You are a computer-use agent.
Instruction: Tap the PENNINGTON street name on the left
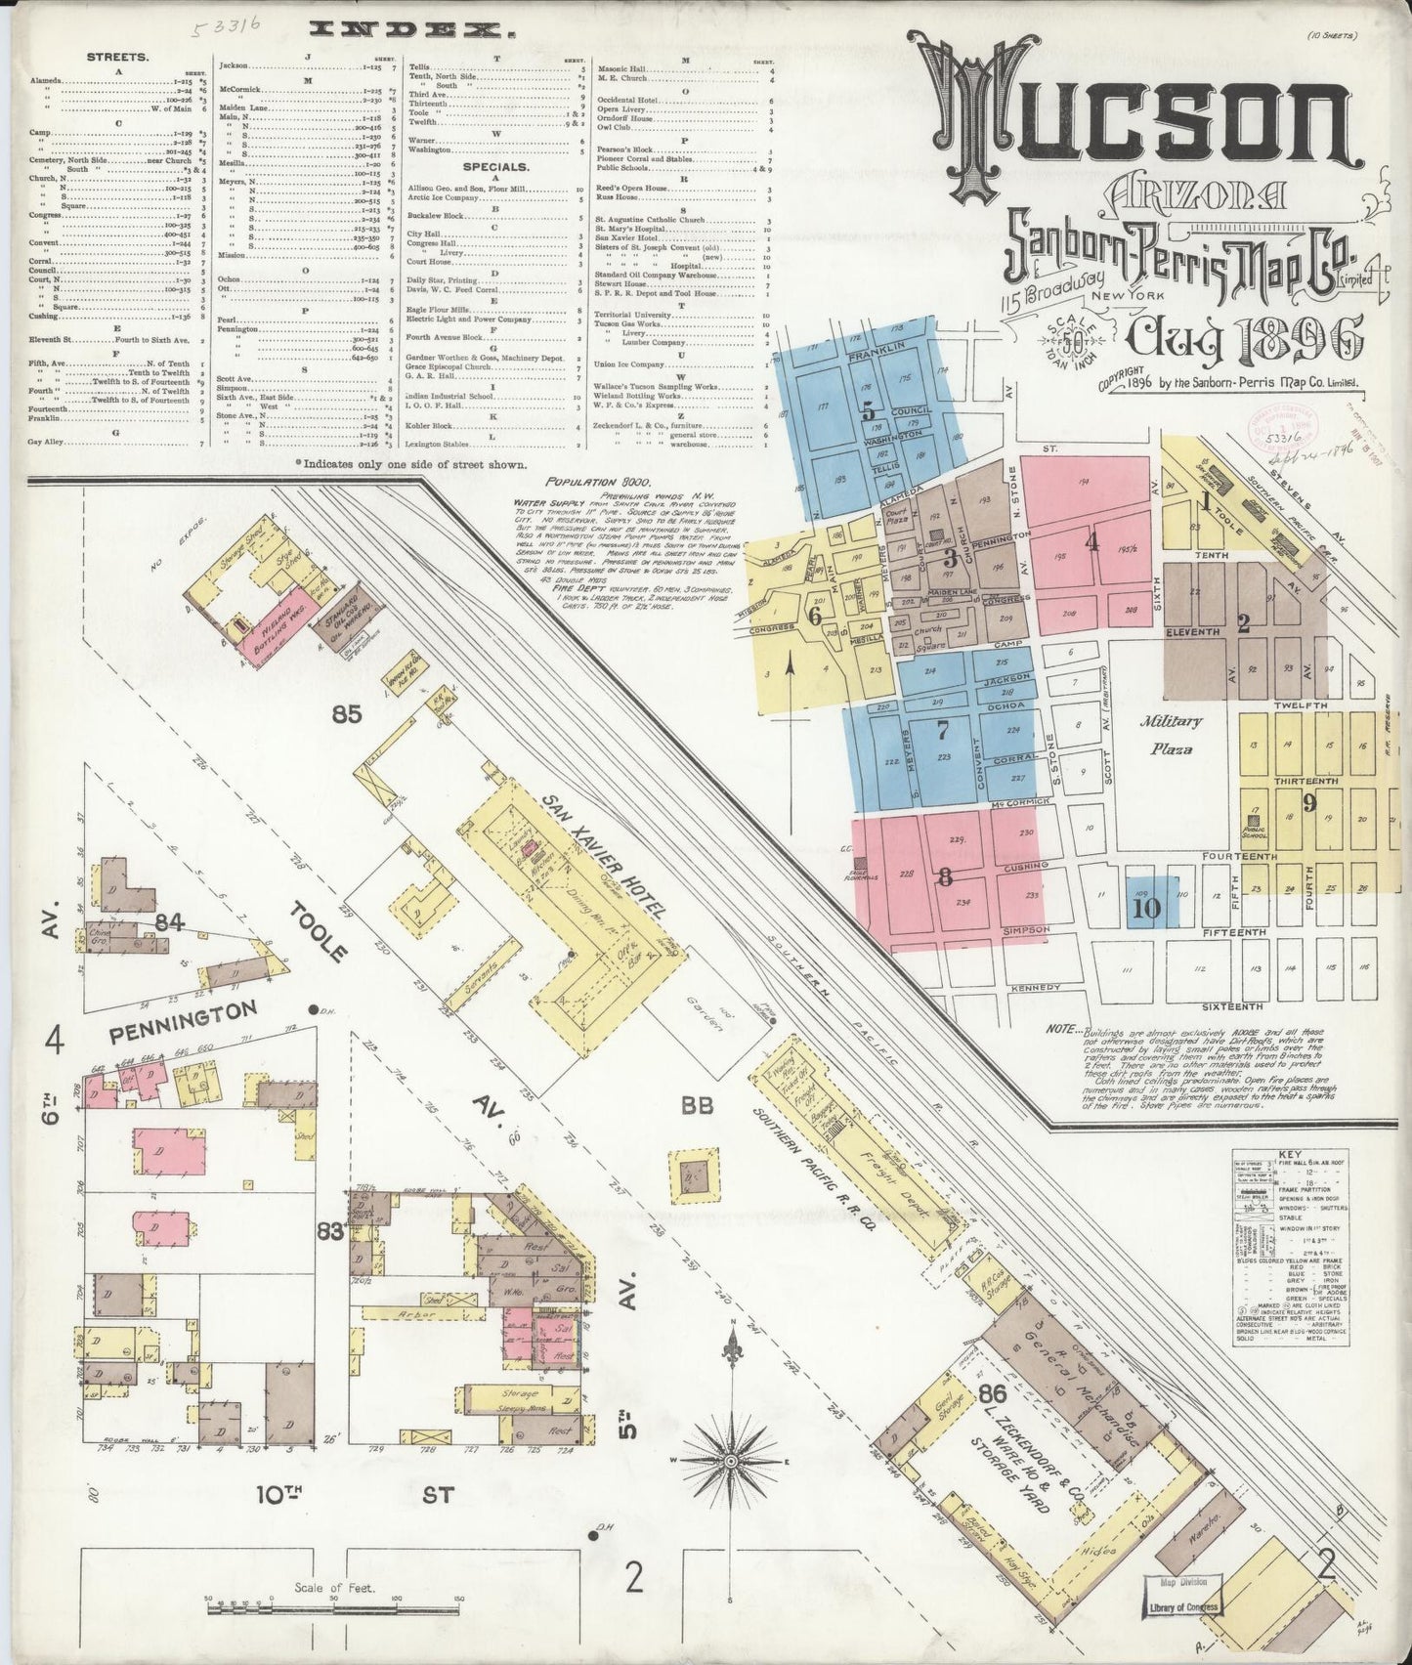[182, 1006]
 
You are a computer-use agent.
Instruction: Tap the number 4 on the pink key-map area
[1091, 540]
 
